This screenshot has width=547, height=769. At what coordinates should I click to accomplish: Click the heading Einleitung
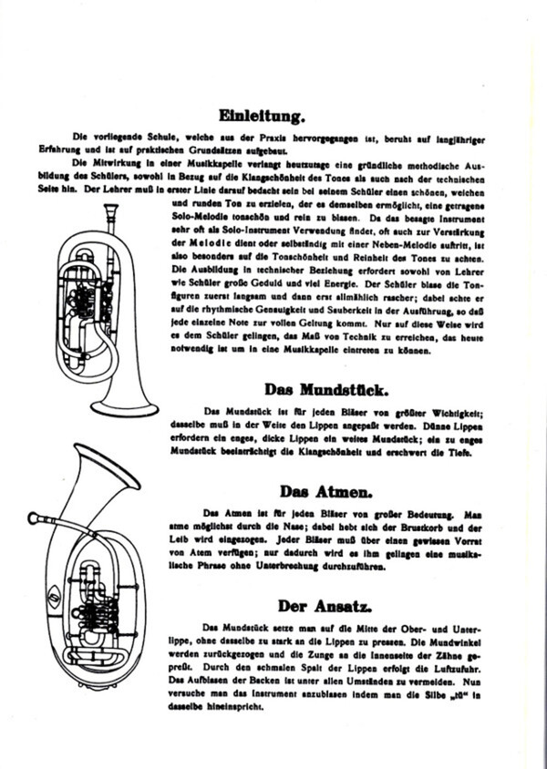[x=273, y=115]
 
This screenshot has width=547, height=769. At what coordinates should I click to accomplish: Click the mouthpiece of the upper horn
[x=113, y=210]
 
